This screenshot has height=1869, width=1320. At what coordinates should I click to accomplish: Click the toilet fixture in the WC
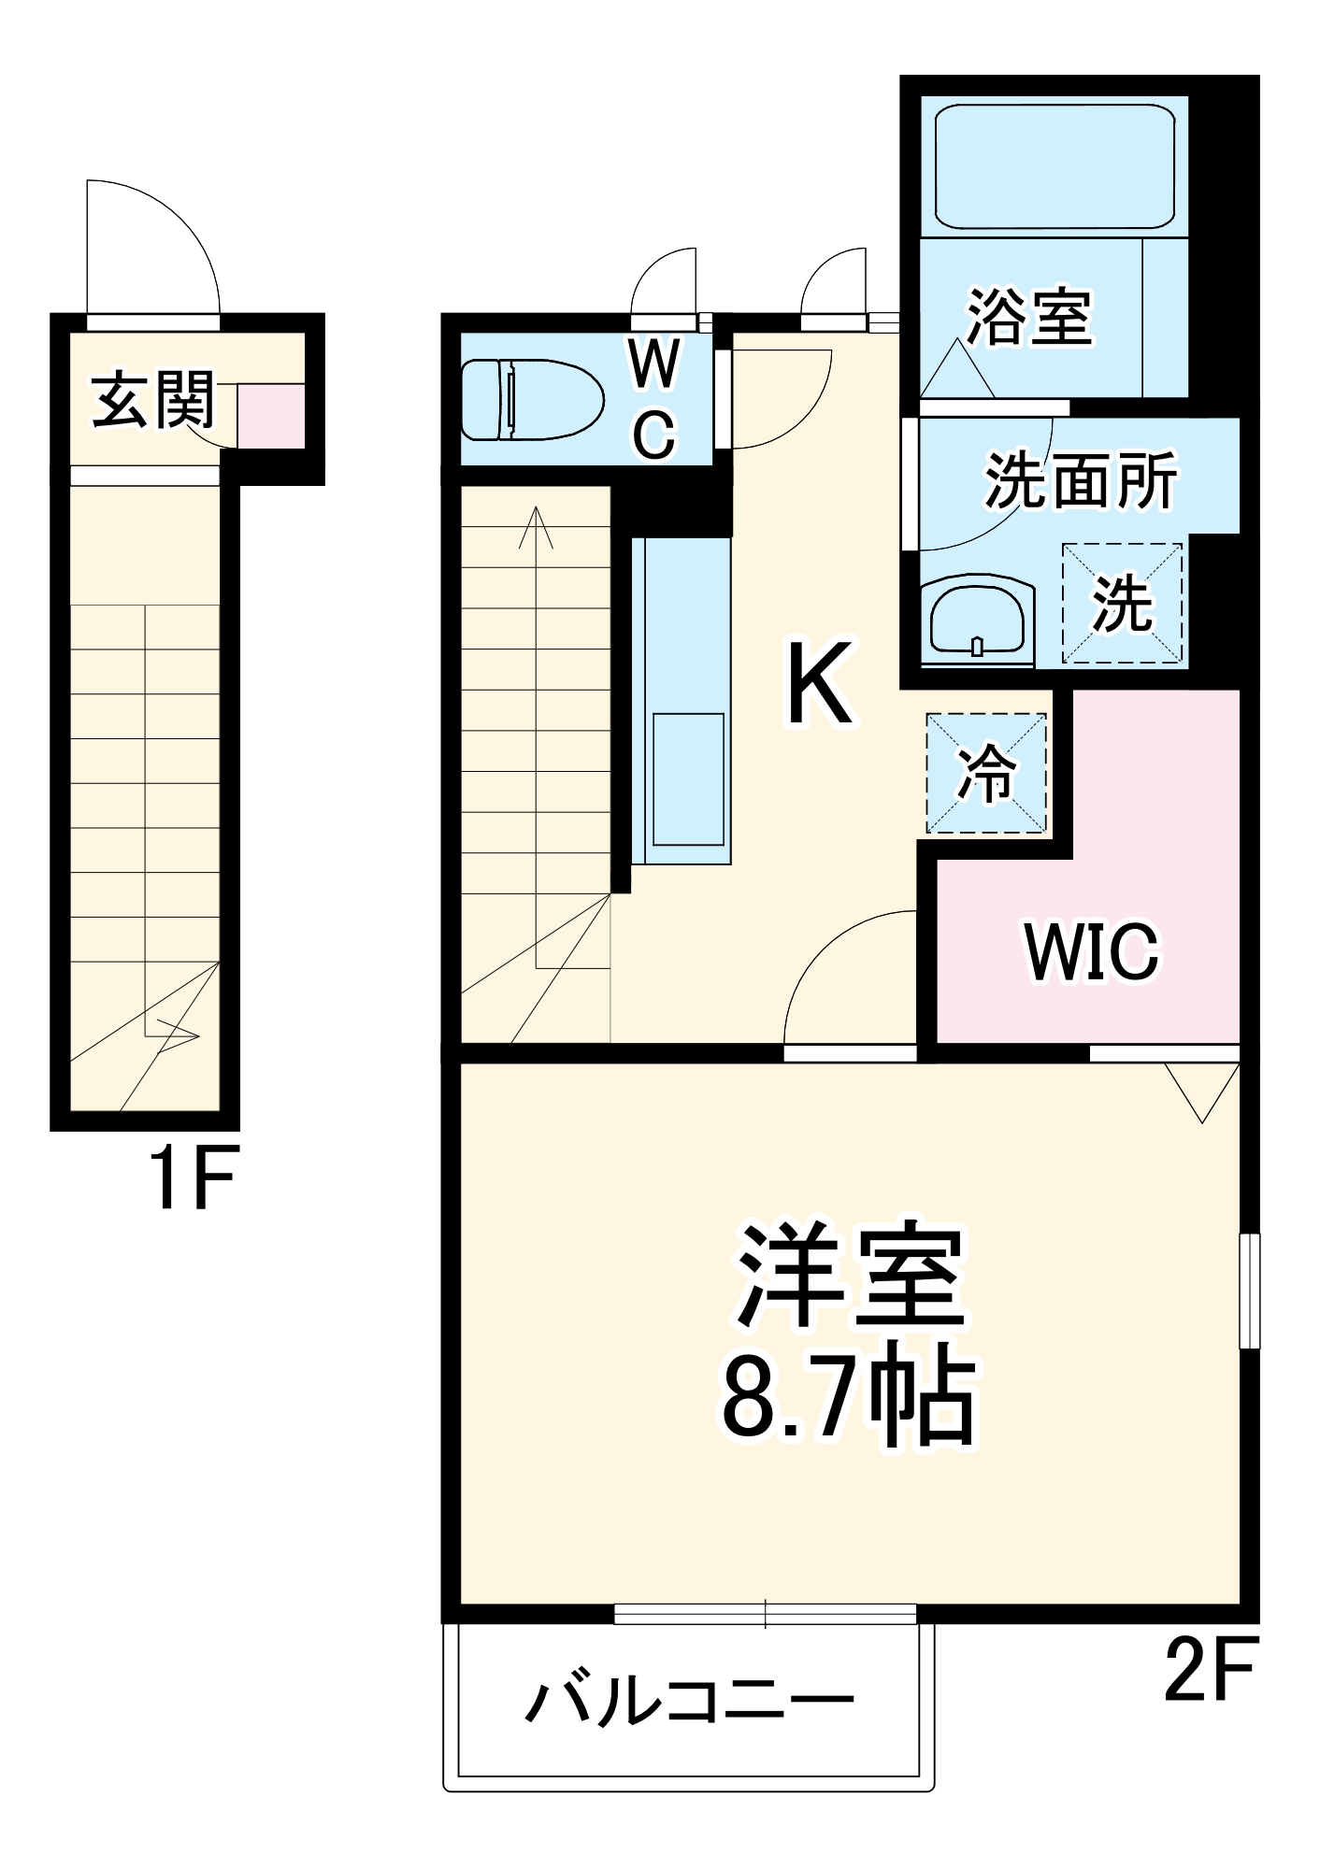(x=531, y=399)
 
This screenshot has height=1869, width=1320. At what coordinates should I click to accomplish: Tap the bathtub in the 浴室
(x=1054, y=166)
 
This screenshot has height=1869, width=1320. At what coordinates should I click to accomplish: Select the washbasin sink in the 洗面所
(x=977, y=619)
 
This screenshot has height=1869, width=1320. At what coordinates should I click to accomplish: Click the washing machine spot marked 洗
(x=1123, y=605)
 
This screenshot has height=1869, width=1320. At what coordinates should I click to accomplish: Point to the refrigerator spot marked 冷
(x=986, y=773)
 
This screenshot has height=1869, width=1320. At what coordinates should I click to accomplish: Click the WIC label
(x=1091, y=952)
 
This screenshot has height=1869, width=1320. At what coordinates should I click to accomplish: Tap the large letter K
(x=820, y=683)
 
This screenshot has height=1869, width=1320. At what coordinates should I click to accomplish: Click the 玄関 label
(x=152, y=400)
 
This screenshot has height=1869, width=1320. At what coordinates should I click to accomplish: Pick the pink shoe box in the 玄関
(x=270, y=416)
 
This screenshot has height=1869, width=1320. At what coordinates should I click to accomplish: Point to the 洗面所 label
(x=1081, y=482)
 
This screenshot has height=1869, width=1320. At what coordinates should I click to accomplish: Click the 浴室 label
(x=1028, y=317)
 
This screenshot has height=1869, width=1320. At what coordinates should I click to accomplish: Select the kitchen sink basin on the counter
(x=688, y=779)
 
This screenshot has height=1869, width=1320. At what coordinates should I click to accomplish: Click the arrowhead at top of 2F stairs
(x=537, y=525)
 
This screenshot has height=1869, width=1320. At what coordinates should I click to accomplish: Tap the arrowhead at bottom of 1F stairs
(x=183, y=1034)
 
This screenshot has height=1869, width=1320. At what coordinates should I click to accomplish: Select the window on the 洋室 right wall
(x=1249, y=1291)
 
